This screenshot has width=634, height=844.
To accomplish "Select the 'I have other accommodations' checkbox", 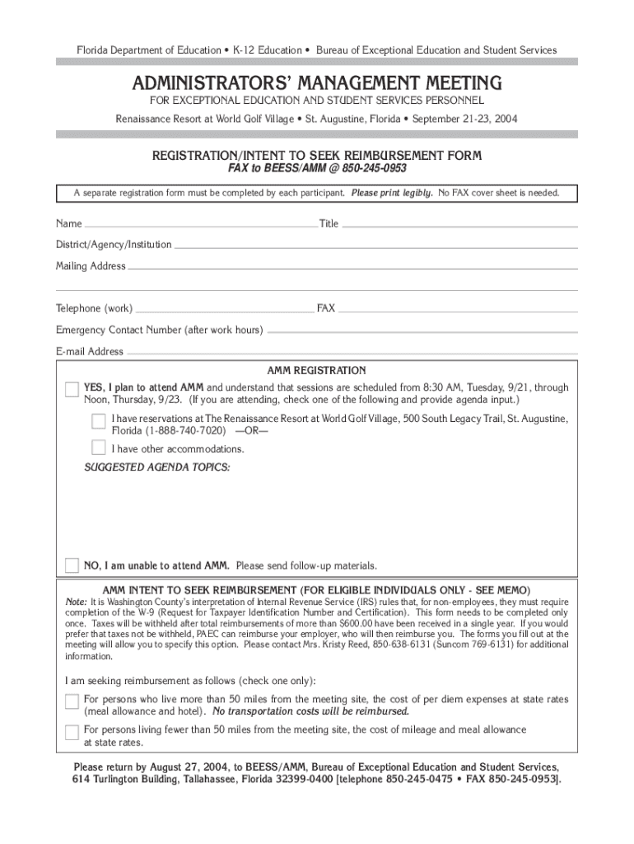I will click(x=99, y=448).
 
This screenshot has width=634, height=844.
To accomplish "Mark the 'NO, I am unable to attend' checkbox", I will click(x=72, y=565).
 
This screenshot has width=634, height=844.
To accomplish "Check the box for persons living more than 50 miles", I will click(x=72, y=701).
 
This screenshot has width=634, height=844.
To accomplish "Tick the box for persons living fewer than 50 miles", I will click(x=72, y=732).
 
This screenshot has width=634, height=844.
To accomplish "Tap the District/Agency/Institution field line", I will click(x=371, y=246).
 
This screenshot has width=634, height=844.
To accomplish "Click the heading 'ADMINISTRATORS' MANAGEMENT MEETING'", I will click(x=316, y=83).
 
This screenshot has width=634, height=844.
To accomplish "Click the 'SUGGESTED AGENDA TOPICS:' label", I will click(x=158, y=468).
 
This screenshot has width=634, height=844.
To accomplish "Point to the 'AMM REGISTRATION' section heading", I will click(x=316, y=371).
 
